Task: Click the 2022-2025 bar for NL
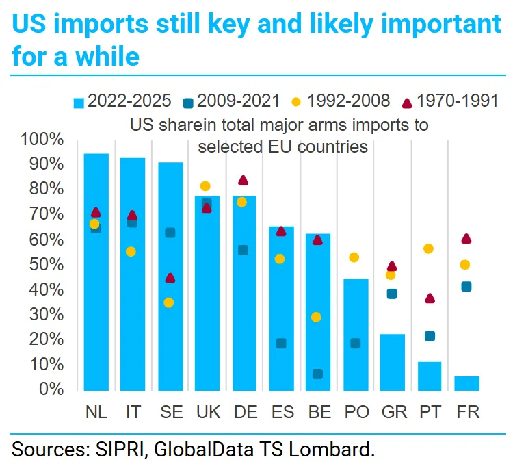96,274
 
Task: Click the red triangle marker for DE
243,181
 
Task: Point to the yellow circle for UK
205,186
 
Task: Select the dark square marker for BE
317,374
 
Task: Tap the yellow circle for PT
429,248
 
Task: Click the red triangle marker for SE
170,278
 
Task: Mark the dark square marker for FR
466,287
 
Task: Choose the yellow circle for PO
354,257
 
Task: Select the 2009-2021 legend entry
233,101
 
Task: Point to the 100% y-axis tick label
42,140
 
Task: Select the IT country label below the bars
133,412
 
